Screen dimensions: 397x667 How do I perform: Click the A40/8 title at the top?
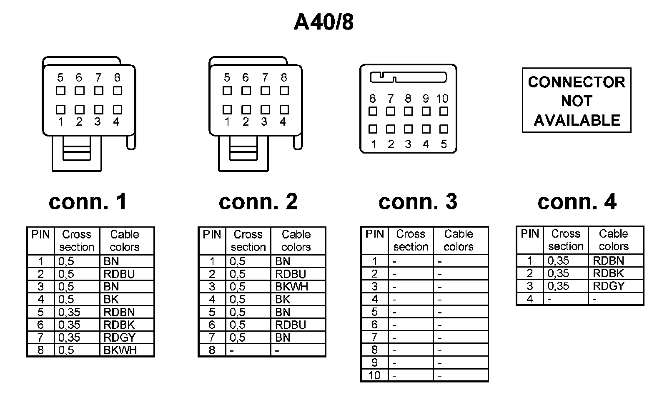(323, 22)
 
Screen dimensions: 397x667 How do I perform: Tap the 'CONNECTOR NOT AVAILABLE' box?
(577, 100)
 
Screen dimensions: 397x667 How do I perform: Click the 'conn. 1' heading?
(88, 202)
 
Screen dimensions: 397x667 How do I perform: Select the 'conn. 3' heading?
(418, 202)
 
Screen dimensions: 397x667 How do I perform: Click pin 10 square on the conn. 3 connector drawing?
(444, 111)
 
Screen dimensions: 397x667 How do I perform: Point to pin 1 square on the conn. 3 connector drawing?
(373, 129)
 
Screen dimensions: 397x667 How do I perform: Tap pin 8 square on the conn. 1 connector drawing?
(118, 91)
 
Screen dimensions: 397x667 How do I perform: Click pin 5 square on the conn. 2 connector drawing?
(227, 91)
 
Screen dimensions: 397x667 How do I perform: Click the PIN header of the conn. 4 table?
(530, 234)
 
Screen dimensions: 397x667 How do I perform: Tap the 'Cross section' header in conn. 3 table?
(411, 240)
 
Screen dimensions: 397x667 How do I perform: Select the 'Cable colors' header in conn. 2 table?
(296, 241)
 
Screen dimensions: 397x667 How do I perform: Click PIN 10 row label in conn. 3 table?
(374, 375)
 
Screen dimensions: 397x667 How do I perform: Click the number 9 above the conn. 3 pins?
(426, 99)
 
